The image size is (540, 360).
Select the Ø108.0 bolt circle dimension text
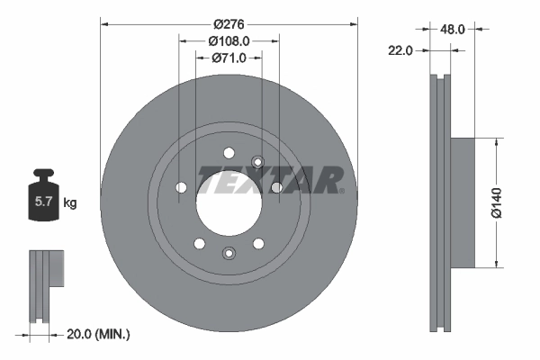(x=229, y=40)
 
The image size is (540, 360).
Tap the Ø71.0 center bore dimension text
(x=229, y=58)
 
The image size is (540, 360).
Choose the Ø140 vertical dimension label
(x=509, y=202)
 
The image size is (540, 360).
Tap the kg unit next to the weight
(x=70, y=202)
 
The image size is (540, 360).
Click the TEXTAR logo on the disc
(x=270, y=180)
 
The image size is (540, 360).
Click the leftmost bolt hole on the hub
(x=181, y=187)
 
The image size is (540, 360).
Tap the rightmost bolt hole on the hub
(x=276, y=187)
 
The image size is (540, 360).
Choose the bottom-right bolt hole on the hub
(x=258, y=243)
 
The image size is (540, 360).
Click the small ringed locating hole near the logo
(x=257, y=162)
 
